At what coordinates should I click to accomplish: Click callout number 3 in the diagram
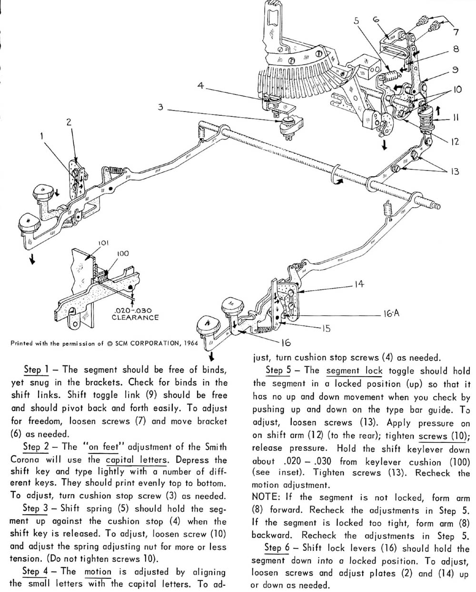161,108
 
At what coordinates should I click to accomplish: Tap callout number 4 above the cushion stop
200,86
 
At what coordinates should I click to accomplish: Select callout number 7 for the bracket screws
456,32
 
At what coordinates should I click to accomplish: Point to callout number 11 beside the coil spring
456,117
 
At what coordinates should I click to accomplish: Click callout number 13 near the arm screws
456,171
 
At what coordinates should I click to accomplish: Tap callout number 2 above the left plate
69,121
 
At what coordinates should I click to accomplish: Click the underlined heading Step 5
278,370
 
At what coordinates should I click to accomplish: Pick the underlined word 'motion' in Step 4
98,572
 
